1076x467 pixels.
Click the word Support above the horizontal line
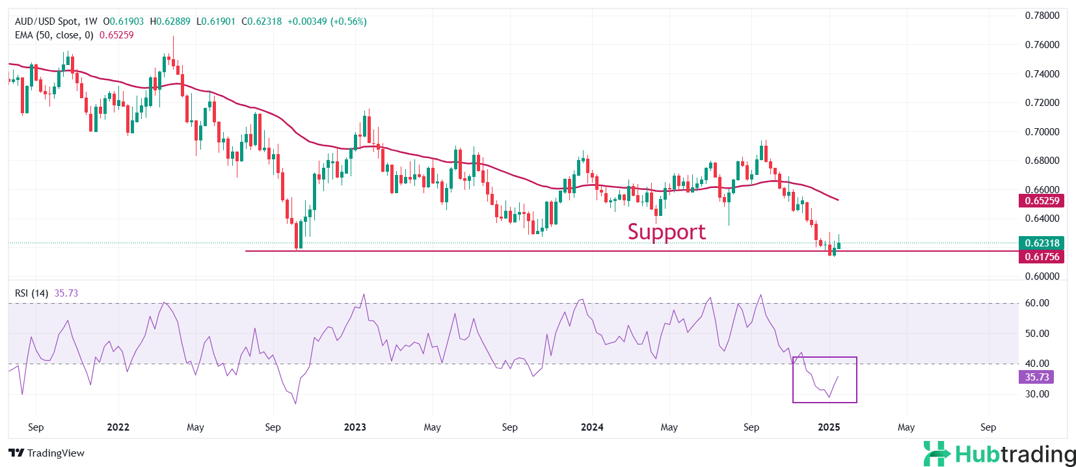pyautogui.click(x=666, y=232)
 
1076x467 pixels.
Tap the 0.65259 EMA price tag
pyautogui.click(x=1042, y=201)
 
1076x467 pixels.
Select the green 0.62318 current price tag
pyautogui.click(x=1042, y=243)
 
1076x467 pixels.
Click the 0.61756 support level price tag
pyautogui.click(x=1042, y=257)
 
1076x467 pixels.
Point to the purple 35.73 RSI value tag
pyautogui.click(x=1036, y=377)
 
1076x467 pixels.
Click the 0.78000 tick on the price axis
pyautogui.click(x=1042, y=16)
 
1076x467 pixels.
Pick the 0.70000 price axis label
pyautogui.click(x=1042, y=131)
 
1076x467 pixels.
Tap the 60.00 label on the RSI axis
pyautogui.click(x=1037, y=303)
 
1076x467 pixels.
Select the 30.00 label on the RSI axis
pyautogui.click(x=1037, y=394)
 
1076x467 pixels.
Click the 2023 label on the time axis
pyautogui.click(x=355, y=427)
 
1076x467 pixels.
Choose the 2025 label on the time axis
pyautogui.click(x=829, y=427)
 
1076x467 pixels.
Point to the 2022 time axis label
pyautogui.click(x=118, y=427)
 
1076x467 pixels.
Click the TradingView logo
pyautogui.click(x=47, y=453)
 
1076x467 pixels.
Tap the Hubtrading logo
pyautogui.click(x=999, y=454)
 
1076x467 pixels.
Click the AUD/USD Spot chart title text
pyautogui.click(x=46, y=21)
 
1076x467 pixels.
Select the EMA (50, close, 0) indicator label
pyautogui.click(x=54, y=35)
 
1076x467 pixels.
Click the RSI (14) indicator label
pyautogui.click(x=31, y=293)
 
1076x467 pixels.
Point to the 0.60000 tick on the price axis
pyautogui.click(x=1042, y=276)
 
